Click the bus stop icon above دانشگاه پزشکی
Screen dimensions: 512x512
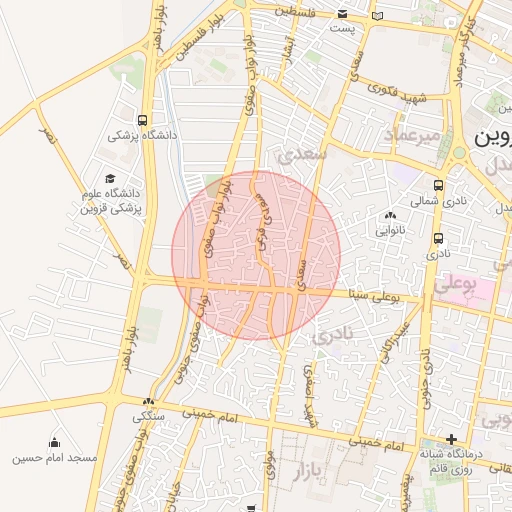[145, 118]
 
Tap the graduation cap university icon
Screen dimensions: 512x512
[109, 177]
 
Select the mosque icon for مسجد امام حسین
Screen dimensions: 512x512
[54, 443]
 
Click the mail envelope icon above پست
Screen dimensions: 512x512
[343, 14]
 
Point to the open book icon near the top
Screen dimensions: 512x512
[376, 15]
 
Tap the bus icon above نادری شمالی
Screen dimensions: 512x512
[439, 185]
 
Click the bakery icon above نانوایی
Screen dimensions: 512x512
[389, 215]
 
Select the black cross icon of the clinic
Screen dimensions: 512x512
[452, 439]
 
